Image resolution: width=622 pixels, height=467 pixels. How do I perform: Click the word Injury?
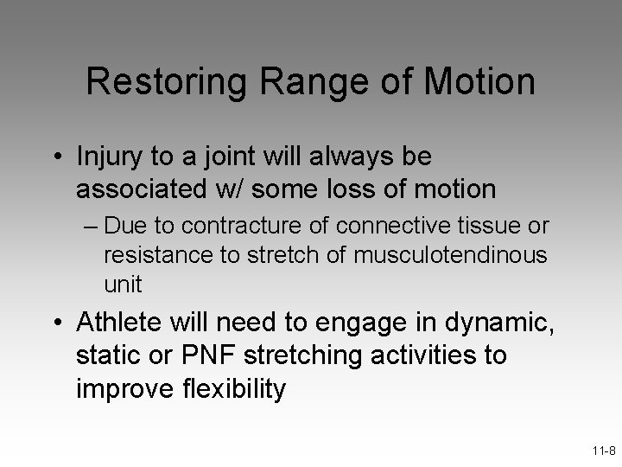tap(108, 157)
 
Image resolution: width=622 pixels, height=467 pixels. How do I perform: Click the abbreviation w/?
tap(225, 188)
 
